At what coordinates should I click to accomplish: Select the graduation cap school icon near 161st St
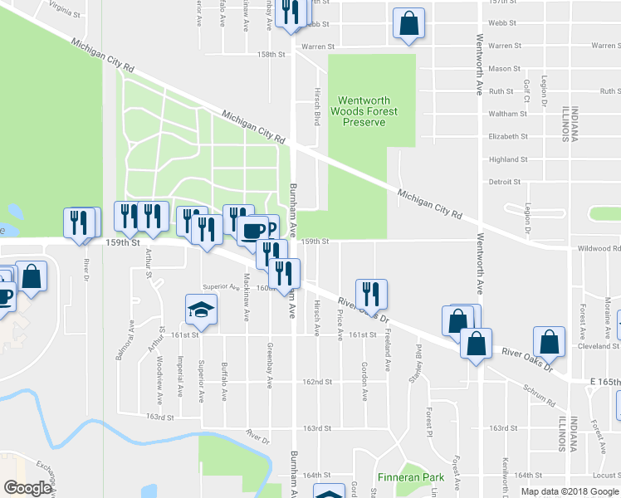pos(201,309)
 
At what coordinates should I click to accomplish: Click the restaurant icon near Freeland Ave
pos(371,293)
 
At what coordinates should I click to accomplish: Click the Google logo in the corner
pos(27,487)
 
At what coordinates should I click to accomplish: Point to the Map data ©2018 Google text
pos(569,491)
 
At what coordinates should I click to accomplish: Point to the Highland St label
pos(508,159)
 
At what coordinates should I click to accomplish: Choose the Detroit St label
pos(505,181)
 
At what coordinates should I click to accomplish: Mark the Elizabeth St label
pos(508,136)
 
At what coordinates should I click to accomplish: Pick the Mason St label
pos(505,69)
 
